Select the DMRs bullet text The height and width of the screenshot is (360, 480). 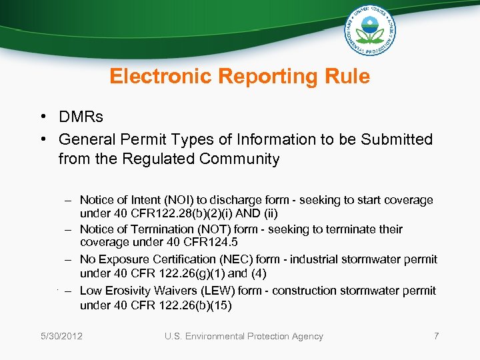(81, 117)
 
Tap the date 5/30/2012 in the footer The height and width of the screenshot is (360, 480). (61, 336)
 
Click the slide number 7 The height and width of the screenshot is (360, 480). (436, 336)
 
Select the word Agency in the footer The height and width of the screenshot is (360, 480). (305, 336)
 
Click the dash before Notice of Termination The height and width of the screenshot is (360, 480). (68, 229)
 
